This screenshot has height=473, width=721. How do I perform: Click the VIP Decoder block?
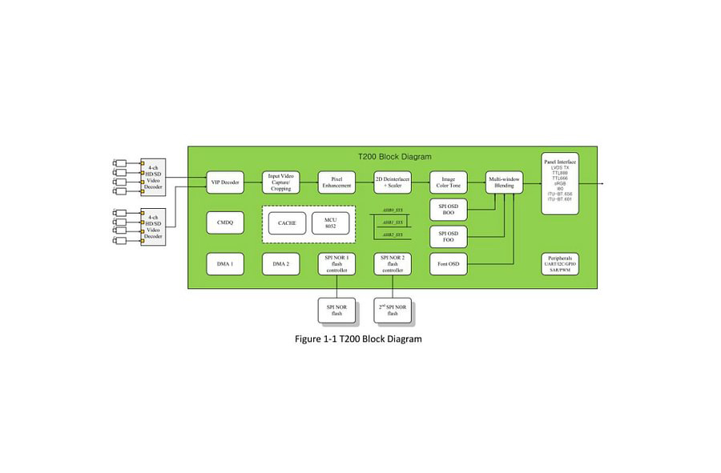[x=225, y=182]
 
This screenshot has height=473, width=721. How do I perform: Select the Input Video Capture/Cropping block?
[x=280, y=182]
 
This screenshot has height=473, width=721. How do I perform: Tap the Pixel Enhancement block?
[x=336, y=182]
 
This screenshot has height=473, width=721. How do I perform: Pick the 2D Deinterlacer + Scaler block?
[x=393, y=182]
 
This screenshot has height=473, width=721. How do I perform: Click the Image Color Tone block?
[x=449, y=182]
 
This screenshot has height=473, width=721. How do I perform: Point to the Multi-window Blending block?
[x=504, y=182]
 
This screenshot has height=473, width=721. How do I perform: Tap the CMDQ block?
[x=225, y=222]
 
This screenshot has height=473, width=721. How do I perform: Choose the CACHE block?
[x=287, y=222]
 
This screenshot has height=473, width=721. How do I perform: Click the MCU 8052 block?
[x=331, y=222]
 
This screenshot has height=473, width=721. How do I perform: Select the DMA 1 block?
[x=225, y=263]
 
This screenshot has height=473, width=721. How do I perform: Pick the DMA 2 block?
[x=280, y=263]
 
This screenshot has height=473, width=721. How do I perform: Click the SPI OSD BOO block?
[x=449, y=210]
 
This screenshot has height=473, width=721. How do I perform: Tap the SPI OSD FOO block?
[x=449, y=236]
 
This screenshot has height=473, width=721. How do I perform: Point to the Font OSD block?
[x=449, y=263]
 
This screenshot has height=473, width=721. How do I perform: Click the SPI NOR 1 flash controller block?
[x=336, y=263]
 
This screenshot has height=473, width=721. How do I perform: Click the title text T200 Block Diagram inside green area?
[x=394, y=157]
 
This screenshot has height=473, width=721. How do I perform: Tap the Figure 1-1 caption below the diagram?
[x=358, y=339]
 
